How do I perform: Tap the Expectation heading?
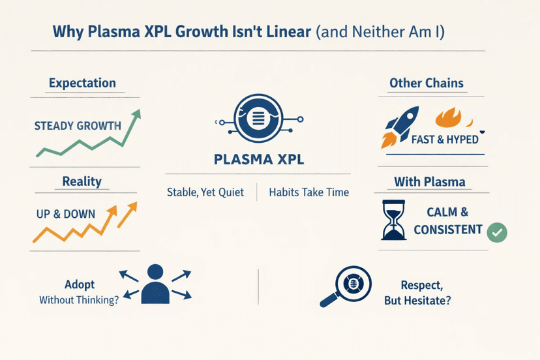click(82, 83)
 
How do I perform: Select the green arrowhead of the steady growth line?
click(137, 115)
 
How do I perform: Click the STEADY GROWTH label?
click(78, 125)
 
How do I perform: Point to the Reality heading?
click(82, 181)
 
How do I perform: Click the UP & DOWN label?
click(65, 214)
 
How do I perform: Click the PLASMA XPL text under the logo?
click(258, 159)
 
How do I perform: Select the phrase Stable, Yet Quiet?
click(205, 192)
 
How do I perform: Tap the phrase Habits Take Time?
click(308, 192)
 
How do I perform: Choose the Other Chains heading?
click(427, 83)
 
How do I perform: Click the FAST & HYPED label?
click(445, 139)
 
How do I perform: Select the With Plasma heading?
click(430, 181)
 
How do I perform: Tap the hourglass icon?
click(393, 220)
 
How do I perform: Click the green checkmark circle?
click(497, 232)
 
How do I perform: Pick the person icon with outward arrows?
click(155, 284)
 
